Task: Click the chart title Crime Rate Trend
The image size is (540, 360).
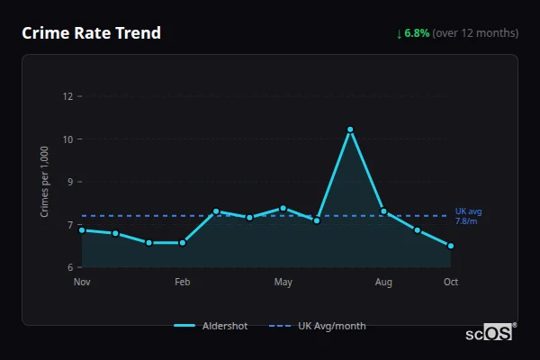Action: click(x=91, y=33)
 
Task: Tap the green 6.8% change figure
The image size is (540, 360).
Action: click(x=417, y=33)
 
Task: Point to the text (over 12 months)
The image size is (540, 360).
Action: click(x=475, y=33)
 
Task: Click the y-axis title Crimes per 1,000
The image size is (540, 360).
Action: click(x=45, y=181)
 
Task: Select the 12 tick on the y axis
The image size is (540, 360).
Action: click(x=67, y=96)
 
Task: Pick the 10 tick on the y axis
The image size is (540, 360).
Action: click(x=67, y=139)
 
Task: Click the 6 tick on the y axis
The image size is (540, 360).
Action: click(x=68, y=267)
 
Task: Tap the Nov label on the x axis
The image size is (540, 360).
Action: click(x=82, y=283)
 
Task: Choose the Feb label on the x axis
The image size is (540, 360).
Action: click(x=183, y=283)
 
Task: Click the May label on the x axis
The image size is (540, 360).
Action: click(x=283, y=283)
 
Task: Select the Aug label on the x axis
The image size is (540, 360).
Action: click(x=383, y=283)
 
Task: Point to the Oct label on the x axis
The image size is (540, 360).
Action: click(x=451, y=283)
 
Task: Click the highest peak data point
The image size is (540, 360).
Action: click(x=350, y=130)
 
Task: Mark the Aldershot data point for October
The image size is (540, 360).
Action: click(x=451, y=246)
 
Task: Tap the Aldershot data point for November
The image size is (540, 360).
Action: click(x=82, y=230)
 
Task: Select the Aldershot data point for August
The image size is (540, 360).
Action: click(x=383, y=211)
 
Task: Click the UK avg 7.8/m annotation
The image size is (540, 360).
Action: click(x=468, y=216)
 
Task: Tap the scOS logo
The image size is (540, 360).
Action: click(x=489, y=333)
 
